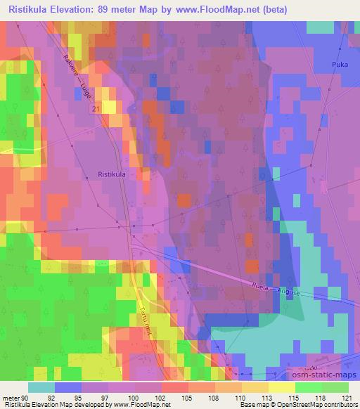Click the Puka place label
(340, 65)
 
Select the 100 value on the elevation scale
(134, 398)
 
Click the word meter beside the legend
(11, 398)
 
